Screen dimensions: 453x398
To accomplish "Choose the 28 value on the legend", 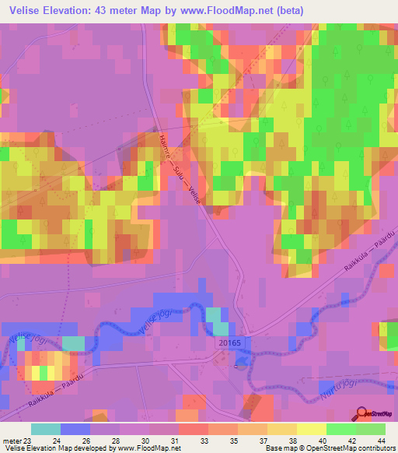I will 115,441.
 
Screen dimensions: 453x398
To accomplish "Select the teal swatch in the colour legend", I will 46,429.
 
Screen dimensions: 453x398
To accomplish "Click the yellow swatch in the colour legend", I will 310,429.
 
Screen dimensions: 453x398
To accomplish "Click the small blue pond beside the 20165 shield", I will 242,357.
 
